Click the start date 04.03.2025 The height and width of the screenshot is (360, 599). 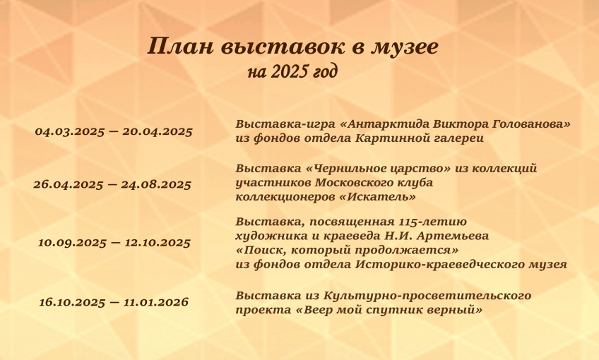(69, 132)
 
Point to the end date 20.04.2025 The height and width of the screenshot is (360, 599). (158, 132)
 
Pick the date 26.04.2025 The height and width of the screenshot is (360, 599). (69, 185)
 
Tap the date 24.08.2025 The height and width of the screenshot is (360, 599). (156, 185)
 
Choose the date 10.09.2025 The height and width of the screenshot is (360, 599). (72, 243)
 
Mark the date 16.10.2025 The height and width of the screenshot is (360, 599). (72, 302)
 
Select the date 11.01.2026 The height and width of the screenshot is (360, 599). (156, 302)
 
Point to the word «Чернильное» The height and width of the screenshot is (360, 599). (345, 169)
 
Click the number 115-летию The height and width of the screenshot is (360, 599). (432, 222)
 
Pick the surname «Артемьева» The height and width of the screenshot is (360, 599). (452, 236)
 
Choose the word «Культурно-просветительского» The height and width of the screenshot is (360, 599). (427, 296)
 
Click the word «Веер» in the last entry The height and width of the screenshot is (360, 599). (319, 310)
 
